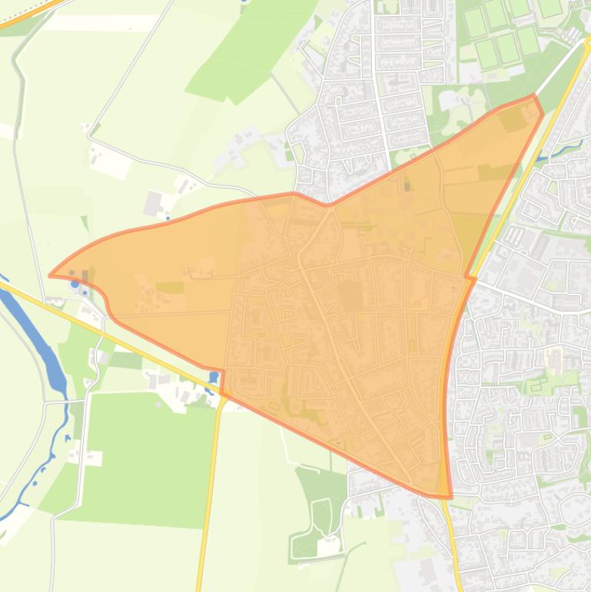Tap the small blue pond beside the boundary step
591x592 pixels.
coord(213,377)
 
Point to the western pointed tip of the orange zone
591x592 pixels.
coord(51,274)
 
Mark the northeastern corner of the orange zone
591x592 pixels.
coord(535,97)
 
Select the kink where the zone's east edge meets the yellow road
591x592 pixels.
coord(467,277)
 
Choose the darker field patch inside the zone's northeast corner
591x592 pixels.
coord(510,119)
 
